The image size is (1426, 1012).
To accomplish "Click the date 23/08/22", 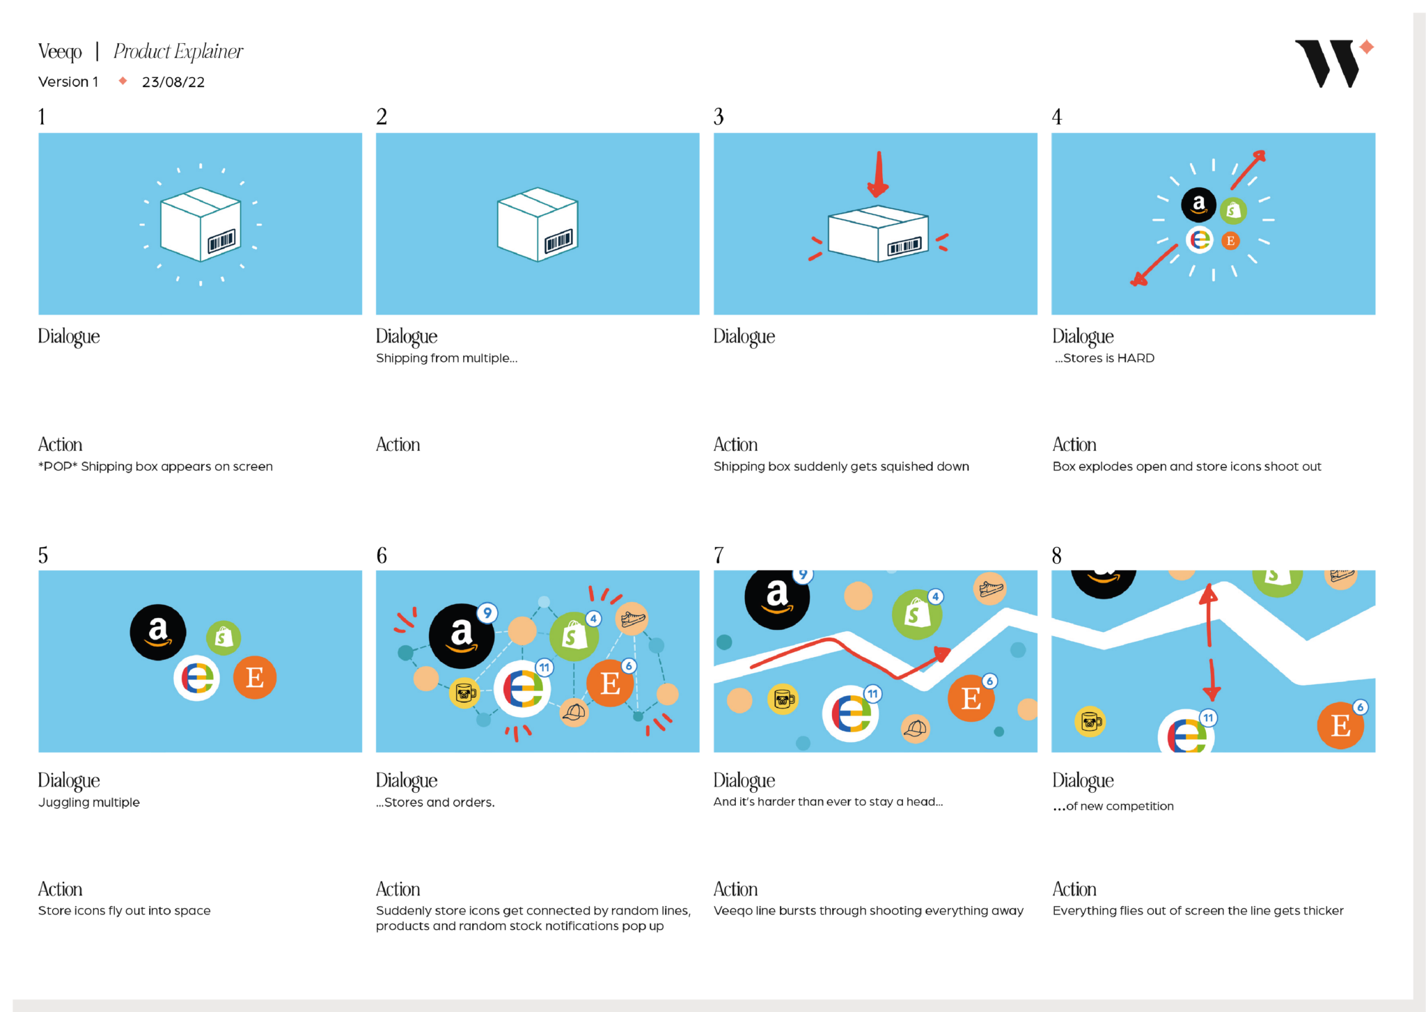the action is (173, 82).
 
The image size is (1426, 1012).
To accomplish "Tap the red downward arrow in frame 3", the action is (878, 174).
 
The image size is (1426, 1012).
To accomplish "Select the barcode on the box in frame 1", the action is (222, 242).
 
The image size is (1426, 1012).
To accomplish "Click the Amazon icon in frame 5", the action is (158, 632).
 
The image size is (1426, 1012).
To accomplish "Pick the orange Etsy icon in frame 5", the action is (255, 677).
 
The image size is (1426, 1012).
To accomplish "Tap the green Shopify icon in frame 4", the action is (1233, 209).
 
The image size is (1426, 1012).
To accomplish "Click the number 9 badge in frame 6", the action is (487, 612).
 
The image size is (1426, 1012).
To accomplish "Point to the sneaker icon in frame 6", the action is (633, 618).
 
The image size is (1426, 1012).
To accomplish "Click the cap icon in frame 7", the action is (916, 729).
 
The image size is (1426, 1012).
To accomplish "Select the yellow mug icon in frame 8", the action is (1090, 722).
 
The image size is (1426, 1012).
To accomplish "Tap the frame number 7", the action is (719, 555).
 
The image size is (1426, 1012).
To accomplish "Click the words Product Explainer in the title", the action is (178, 52).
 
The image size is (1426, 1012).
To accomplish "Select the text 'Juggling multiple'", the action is (89, 803).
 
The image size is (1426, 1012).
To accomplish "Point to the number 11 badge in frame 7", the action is (872, 693).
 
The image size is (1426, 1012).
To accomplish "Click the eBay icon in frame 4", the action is (1200, 240).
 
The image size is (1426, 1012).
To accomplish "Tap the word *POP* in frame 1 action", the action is (58, 466).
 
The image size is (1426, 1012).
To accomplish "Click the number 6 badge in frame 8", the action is (1360, 707).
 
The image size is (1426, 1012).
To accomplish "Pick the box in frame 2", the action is (538, 224).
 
